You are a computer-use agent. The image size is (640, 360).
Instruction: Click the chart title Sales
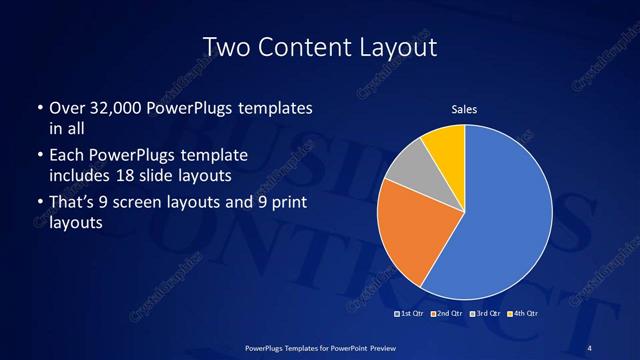click(x=463, y=109)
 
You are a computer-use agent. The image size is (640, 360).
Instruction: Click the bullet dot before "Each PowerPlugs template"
click(x=39, y=157)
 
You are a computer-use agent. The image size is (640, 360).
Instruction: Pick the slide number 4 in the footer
click(x=589, y=347)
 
